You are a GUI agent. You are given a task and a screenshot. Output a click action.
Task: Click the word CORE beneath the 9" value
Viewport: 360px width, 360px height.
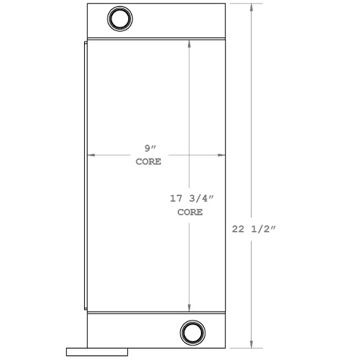point(148,162)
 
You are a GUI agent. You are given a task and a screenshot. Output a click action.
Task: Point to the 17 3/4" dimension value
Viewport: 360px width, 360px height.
point(190,199)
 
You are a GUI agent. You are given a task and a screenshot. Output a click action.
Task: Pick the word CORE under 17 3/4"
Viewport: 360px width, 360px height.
point(190,212)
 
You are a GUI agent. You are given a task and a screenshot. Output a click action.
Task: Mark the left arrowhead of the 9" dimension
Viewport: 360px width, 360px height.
point(92,155)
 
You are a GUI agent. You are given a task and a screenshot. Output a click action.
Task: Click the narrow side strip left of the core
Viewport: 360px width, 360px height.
point(85,174)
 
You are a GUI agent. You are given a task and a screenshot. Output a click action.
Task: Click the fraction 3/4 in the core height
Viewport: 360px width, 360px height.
point(200,199)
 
